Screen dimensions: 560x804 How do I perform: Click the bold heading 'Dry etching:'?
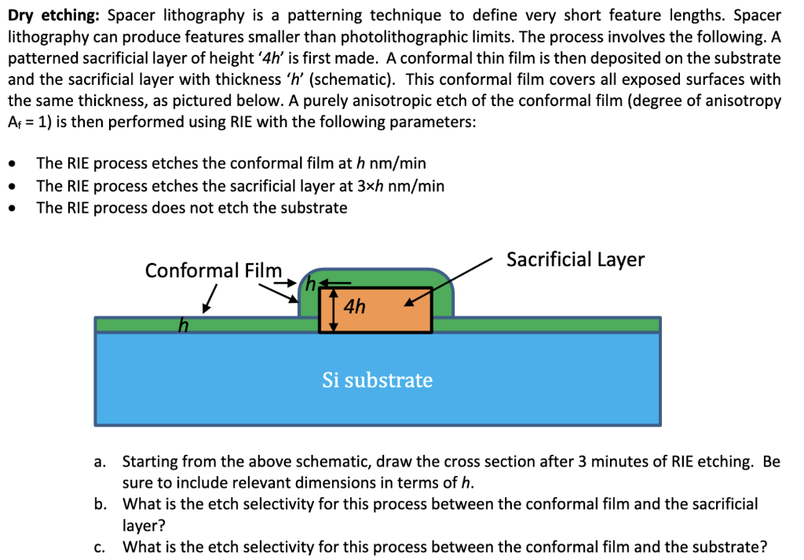point(52,15)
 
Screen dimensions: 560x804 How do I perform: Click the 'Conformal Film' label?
point(213,271)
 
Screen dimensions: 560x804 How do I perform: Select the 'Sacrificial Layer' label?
point(575,260)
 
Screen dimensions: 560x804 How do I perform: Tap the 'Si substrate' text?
point(377,381)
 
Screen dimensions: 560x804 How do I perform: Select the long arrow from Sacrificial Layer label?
point(451,276)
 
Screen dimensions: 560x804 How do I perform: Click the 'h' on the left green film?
point(183,324)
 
